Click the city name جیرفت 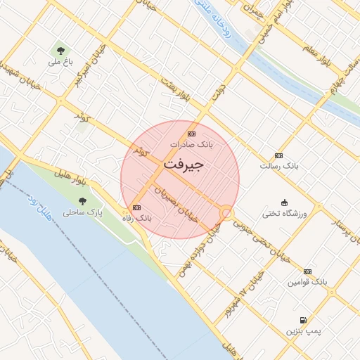pos(184,165)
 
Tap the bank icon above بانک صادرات pos(191,134)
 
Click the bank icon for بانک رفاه pos(136,207)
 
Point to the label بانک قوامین pos(307,282)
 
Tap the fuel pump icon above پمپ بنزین pos(303,319)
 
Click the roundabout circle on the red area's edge pos(226,212)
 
